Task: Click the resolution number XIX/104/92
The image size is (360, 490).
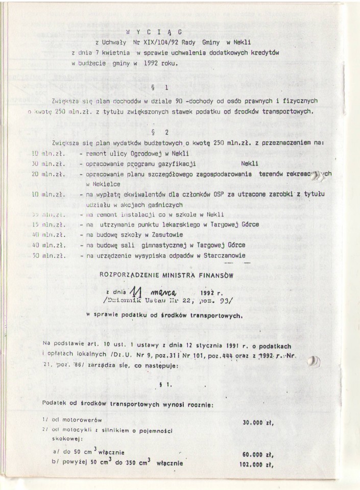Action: tap(159, 42)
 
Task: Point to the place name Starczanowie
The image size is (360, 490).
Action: tap(224, 256)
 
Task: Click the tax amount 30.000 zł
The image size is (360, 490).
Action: tap(257, 423)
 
